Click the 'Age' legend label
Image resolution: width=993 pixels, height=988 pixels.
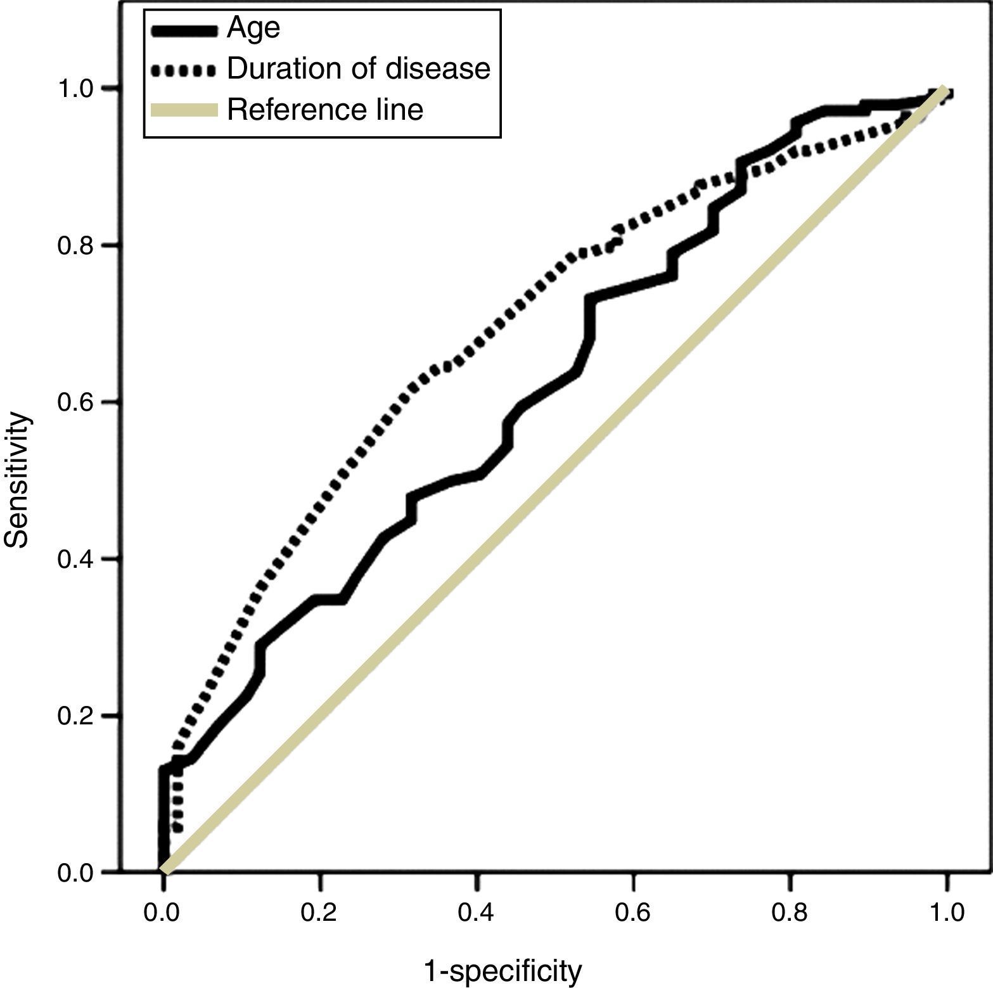point(253,29)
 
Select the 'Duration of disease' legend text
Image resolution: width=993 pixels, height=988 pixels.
point(358,69)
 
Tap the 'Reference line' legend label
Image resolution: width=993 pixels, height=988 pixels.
point(324,110)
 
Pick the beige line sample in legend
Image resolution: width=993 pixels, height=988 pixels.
point(184,110)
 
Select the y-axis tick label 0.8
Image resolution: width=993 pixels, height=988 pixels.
point(76,245)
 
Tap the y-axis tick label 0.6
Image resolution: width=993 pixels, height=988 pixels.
point(76,402)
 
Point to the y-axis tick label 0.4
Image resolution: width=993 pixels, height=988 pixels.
point(76,559)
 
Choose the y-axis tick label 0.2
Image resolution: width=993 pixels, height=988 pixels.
point(76,716)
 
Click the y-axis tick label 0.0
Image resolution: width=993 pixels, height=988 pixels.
point(76,873)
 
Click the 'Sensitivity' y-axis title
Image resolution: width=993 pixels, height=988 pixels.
point(18,480)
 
